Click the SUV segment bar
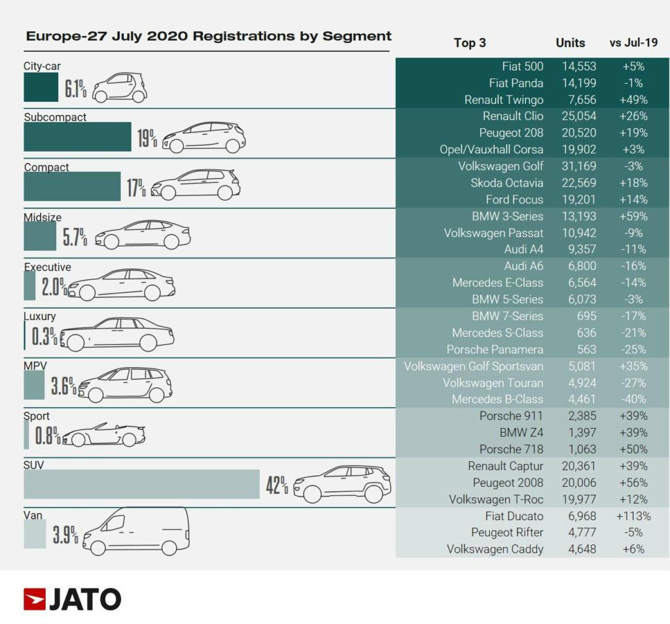click(142, 484)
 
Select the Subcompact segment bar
click(77, 137)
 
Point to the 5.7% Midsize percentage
click(75, 237)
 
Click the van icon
click(135, 532)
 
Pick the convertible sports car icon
click(103, 435)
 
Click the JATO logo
click(72, 599)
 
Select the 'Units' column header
click(570, 43)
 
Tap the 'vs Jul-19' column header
click(633, 43)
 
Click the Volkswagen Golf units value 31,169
click(579, 166)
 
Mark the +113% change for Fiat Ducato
click(633, 516)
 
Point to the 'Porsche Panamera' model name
click(495, 349)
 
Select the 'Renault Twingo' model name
click(504, 100)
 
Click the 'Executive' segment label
click(48, 267)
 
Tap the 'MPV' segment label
click(35, 367)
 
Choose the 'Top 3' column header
click(470, 43)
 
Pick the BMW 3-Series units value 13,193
click(579, 216)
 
